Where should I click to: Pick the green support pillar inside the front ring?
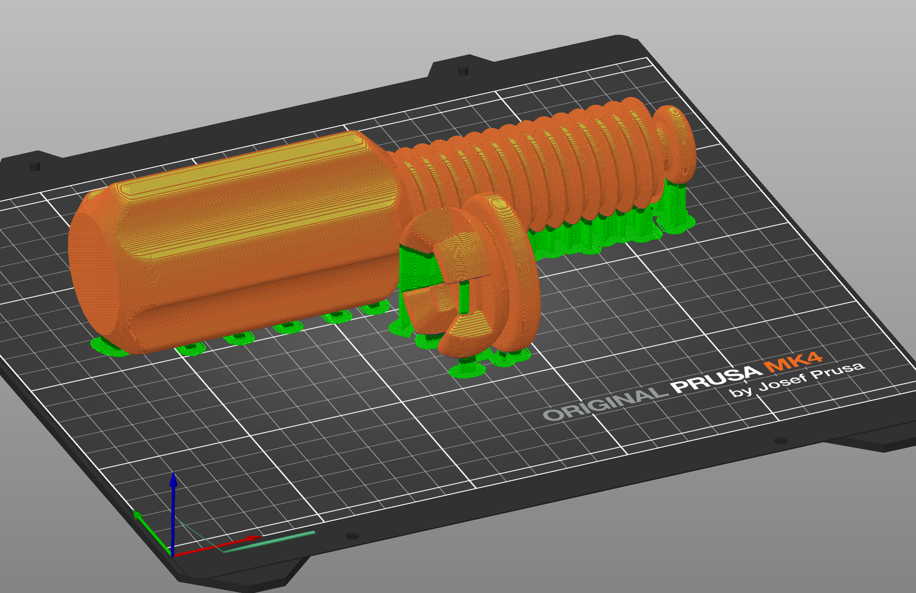tap(464, 298)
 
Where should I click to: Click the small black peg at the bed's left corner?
tap(35, 165)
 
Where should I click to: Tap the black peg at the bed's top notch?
tap(463, 70)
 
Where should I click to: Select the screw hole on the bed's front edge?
tap(352, 536)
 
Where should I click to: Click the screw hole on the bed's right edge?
tap(780, 441)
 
